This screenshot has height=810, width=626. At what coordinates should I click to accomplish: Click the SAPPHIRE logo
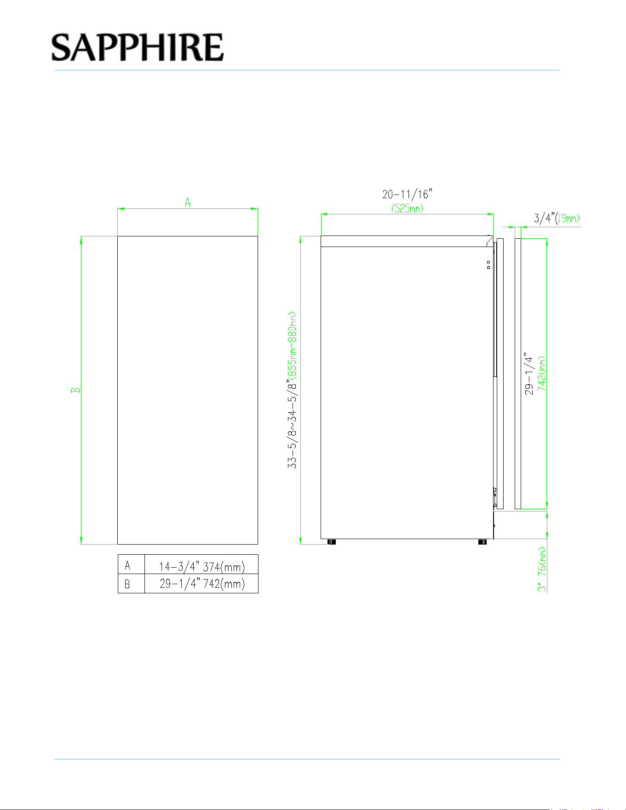(x=138, y=47)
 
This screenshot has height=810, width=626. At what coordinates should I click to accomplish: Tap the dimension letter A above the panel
(x=188, y=202)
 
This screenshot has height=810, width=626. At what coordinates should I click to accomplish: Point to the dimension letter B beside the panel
(x=75, y=390)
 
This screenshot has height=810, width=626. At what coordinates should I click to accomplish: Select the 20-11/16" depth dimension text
(x=408, y=194)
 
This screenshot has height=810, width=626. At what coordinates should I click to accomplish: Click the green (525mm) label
(x=408, y=208)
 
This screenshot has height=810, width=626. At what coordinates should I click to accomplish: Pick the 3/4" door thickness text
(x=545, y=218)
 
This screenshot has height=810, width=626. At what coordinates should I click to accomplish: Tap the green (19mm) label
(x=568, y=218)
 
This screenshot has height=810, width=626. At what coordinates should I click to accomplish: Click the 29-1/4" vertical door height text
(x=529, y=373)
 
